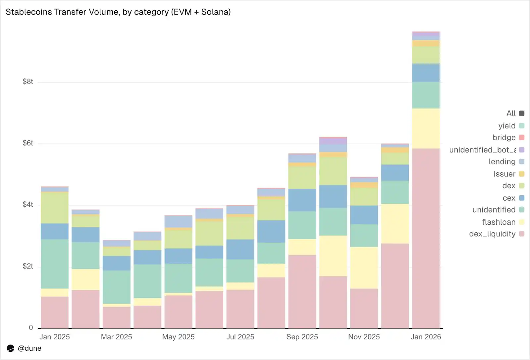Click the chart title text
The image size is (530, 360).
click(118, 12)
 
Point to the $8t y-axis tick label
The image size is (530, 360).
click(28, 82)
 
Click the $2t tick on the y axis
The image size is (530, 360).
click(28, 266)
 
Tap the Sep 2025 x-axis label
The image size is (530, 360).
click(302, 337)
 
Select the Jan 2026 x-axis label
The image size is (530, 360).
click(426, 337)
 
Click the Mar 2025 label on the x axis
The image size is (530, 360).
click(116, 337)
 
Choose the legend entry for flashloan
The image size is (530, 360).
click(499, 222)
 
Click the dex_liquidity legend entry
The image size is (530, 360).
click(492, 234)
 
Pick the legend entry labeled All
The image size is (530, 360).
click(511, 113)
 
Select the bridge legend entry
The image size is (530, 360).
click(504, 137)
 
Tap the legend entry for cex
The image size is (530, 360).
click(509, 198)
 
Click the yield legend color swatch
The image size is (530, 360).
click(522, 126)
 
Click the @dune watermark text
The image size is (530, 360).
click(29, 348)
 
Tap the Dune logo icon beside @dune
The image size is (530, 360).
click(11, 348)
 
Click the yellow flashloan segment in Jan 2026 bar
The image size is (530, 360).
click(426, 128)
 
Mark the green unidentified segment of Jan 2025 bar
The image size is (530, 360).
click(55, 264)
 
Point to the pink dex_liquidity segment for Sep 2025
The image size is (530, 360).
click(302, 291)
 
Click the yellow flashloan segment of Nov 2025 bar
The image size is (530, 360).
click(364, 268)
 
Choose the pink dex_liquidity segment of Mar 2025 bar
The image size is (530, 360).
click(116, 317)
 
